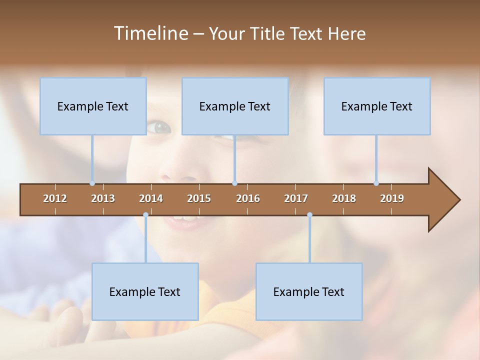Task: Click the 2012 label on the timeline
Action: tap(55, 198)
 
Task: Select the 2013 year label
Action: tap(103, 198)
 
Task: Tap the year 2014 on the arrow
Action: tap(151, 198)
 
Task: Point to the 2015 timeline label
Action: tap(199, 198)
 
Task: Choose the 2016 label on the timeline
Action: tap(248, 198)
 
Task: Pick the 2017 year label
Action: tap(296, 198)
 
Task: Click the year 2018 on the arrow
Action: tap(344, 198)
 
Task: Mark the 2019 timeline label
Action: tap(392, 198)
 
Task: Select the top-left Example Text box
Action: tap(93, 106)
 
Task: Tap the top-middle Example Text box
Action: tap(235, 106)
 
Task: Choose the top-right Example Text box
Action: tap(377, 106)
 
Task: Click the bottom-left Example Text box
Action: tap(145, 291)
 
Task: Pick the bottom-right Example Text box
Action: tap(309, 291)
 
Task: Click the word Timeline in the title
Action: tap(150, 33)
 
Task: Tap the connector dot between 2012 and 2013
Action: tap(92, 183)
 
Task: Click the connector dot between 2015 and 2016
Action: tap(234, 183)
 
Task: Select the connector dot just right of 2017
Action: tap(309, 214)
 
